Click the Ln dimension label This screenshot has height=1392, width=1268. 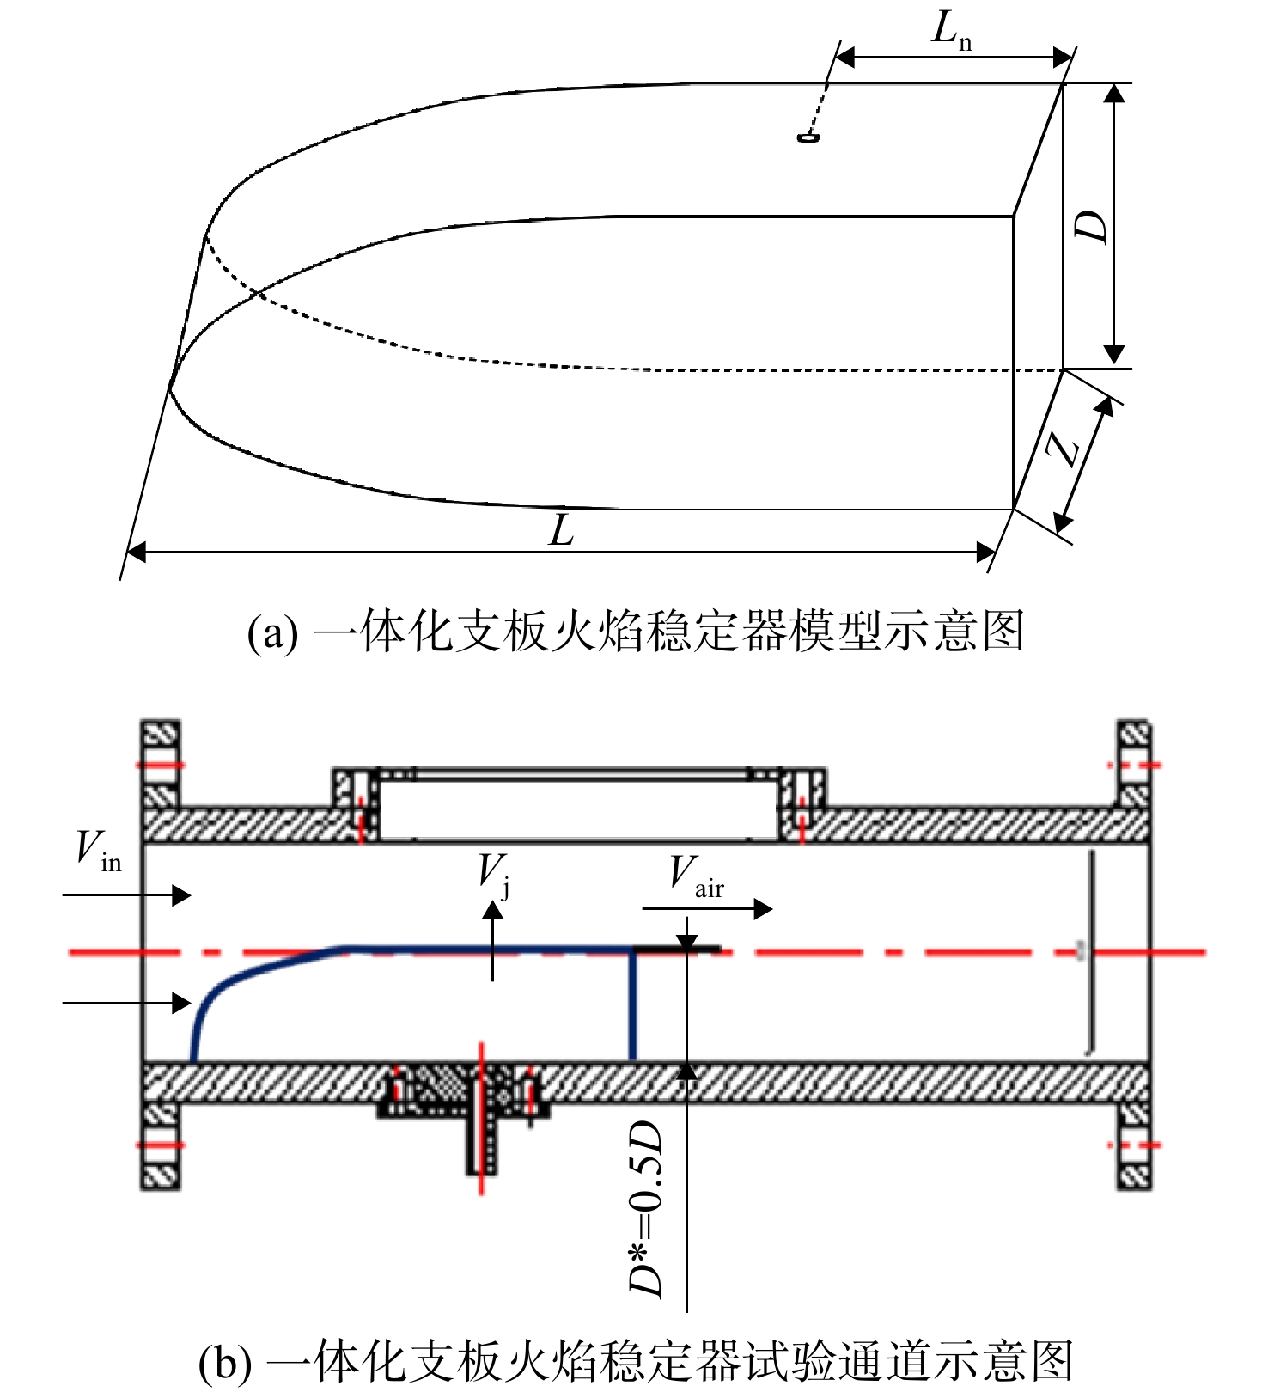pyautogui.click(x=952, y=31)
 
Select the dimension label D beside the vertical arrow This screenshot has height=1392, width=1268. pyautogui.click(x=1091, y=226)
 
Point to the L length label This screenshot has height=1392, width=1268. pyautogui.click(x=561, y=530)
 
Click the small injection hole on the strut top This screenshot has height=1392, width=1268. pyautogui.click(x=808, y=137)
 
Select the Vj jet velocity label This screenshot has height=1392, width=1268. pyautogui.click(x=495, y=874)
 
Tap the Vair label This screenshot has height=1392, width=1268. pyautogui.click(x=697, y=876)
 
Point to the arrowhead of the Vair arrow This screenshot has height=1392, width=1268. pyautogui.click(x=763, y=909)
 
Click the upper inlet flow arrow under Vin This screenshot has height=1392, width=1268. pyautogui.click(x=126, y=895)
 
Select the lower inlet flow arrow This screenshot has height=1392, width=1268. pyautogui.click(x=126, y=1002)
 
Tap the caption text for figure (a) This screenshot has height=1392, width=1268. pyautogui.click(x=636, y=632)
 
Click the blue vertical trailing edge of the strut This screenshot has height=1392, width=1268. pyautogui.click(x=633, y=1005)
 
